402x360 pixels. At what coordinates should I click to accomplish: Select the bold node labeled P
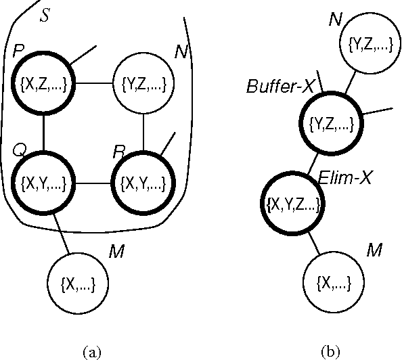44,84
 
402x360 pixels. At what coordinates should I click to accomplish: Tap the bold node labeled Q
44,183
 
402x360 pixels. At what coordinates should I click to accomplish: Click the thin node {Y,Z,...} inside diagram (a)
143,85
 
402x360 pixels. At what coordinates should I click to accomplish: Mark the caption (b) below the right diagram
331,351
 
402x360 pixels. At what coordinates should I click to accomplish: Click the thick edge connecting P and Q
44,133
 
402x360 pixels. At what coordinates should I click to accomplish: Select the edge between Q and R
93,183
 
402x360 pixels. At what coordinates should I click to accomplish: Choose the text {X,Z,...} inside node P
44,85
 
